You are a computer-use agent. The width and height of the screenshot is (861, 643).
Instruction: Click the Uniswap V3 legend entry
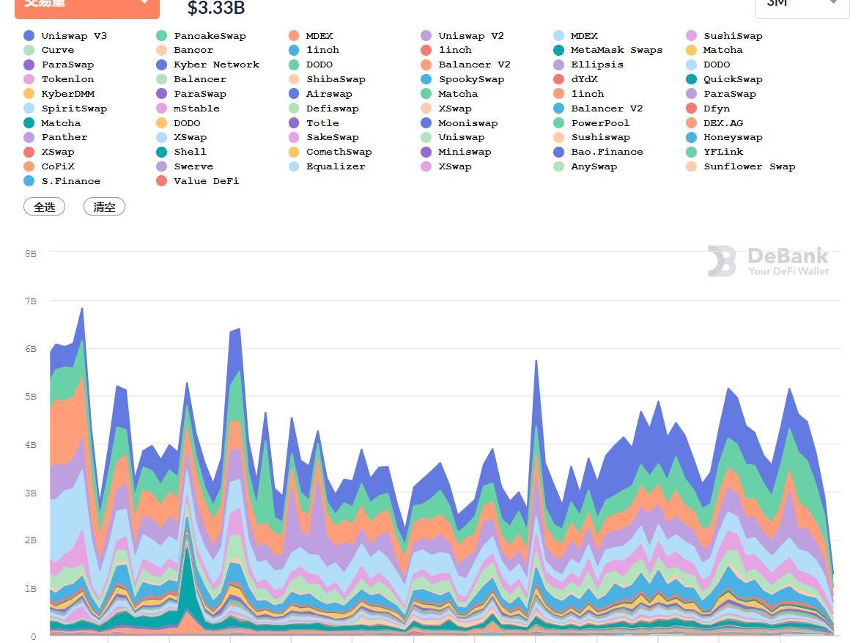74,36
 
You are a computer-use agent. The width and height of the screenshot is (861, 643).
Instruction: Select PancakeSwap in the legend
210,36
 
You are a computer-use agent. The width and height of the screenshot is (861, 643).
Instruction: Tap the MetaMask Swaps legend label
616,50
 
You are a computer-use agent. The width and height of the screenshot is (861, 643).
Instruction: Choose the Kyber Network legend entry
216,65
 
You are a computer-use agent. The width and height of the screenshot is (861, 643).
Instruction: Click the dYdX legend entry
584,79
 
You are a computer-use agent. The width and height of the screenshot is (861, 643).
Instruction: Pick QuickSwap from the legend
733,79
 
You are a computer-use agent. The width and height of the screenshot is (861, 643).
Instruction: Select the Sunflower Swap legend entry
749,166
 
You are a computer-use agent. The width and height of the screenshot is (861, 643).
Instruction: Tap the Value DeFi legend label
206,181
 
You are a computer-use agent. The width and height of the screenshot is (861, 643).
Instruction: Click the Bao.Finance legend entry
607,152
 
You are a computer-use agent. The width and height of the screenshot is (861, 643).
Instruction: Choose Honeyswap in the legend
733,137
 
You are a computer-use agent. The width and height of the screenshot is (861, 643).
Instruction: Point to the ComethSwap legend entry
339,152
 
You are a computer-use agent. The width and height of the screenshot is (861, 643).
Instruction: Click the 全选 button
45,207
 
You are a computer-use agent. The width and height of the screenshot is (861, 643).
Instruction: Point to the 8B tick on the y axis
31,253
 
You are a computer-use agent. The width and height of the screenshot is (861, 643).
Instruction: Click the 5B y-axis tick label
31,397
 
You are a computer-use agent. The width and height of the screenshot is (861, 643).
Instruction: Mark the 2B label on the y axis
31,540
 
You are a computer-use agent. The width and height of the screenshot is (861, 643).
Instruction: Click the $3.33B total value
216,9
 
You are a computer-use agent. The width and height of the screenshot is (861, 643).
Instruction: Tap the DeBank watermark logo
768,262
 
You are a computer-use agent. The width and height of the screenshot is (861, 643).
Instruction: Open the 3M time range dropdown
802,4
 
